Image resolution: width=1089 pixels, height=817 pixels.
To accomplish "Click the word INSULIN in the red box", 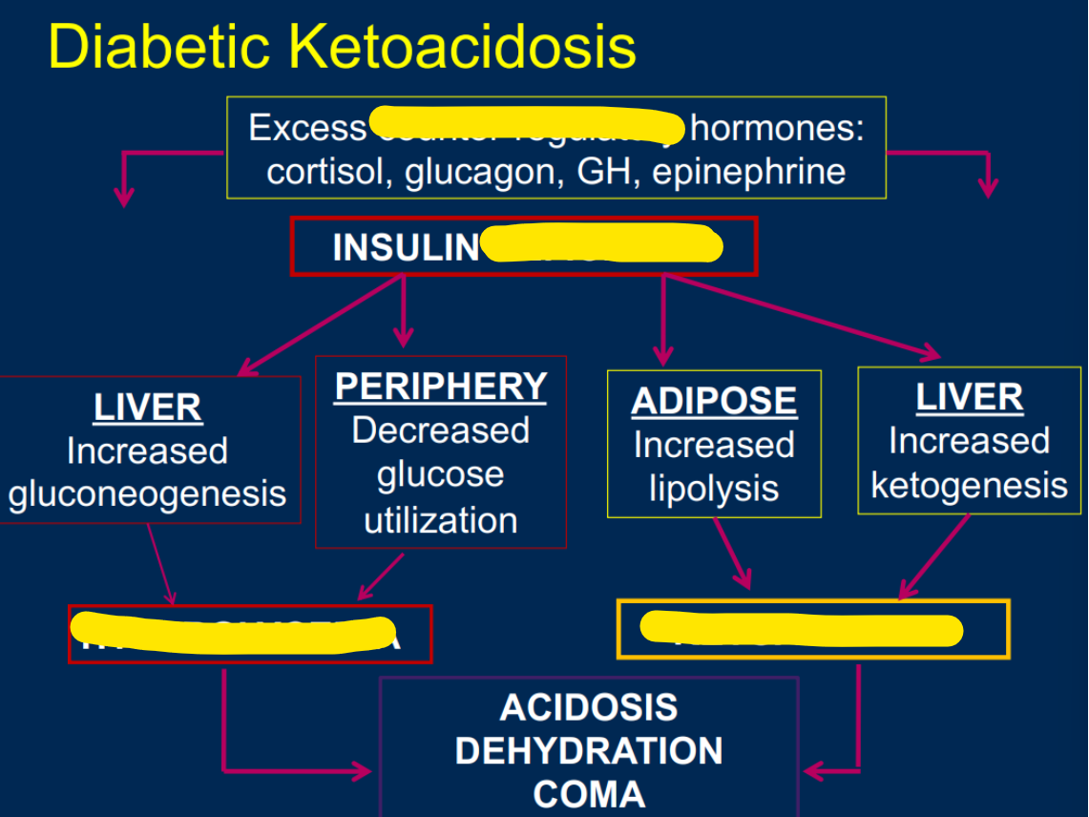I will pos(406,247).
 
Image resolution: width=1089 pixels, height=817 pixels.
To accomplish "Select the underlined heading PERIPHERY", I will pos(441,387).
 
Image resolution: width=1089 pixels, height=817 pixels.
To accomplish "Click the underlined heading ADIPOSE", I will pos(714,401).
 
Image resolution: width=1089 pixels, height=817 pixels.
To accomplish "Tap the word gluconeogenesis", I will pos(148,494).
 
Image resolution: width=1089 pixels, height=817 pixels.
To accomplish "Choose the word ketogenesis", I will pos(969,485).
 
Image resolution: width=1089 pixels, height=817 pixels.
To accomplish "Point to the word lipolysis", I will pos(714,489).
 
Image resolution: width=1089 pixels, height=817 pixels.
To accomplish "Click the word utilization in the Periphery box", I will pos(441,520).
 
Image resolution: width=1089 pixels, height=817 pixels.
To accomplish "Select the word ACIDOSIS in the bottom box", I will pos(588,708).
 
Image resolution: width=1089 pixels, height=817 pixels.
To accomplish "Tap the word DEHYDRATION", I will pos(588,751).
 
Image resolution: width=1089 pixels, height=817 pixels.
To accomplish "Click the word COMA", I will pos(588,794).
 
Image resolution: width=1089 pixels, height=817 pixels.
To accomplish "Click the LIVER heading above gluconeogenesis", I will pos(148,408).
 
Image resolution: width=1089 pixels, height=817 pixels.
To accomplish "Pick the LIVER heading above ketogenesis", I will pos(969,398).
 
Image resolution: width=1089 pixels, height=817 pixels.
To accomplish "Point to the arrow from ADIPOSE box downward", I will pos(732,554).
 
